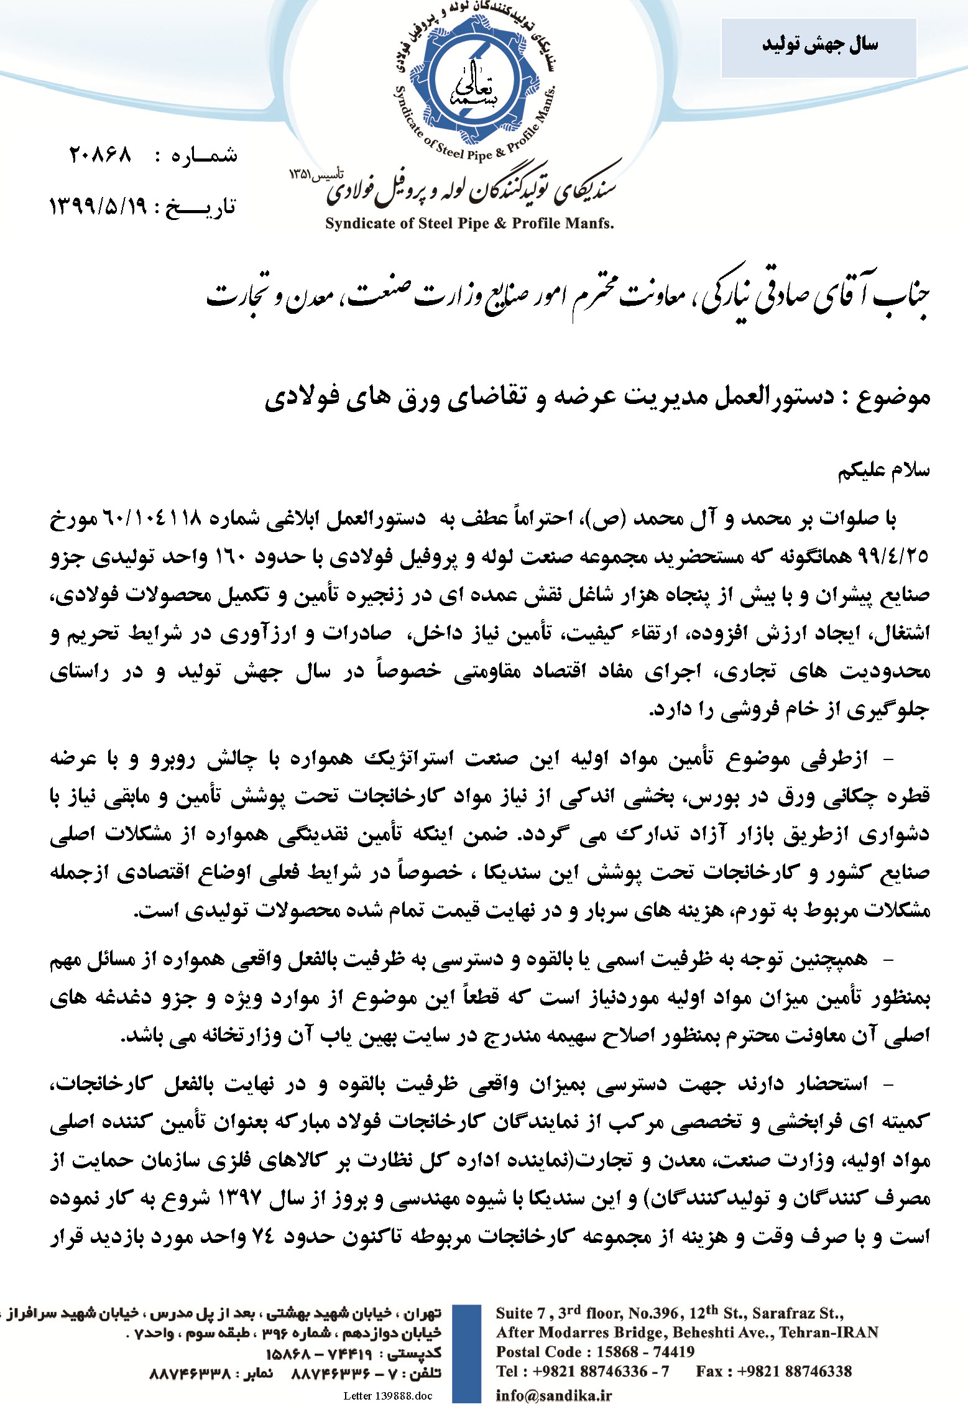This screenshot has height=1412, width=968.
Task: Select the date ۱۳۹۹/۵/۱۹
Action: coord(98,206)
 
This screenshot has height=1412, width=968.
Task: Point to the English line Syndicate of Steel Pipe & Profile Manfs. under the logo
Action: coord(469,224)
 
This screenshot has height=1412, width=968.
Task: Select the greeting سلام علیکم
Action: coord(883,471)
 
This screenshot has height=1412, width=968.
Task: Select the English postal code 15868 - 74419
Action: coord(645,1352)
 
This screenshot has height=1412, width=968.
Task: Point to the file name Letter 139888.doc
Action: coord(387,1396)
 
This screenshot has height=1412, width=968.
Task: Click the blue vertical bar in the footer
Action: coord(466,1352)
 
